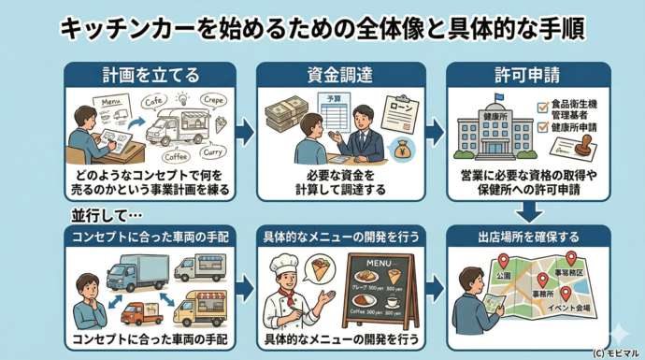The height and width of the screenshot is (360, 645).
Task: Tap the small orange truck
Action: (x=141, y=312)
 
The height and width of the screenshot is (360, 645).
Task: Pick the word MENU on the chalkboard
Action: (x=369, y=262)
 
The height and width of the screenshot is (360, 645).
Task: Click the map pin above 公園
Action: (x=502, y=263)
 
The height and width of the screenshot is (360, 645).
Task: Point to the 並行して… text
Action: (x=100, y=216)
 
